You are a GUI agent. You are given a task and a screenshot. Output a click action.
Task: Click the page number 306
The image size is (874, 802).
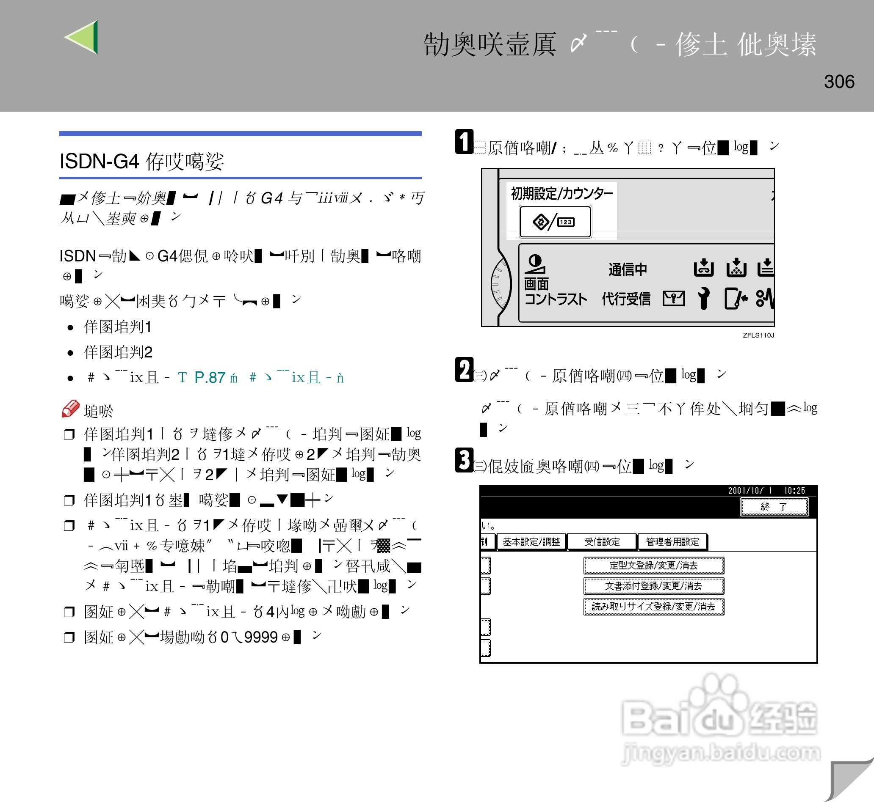839,82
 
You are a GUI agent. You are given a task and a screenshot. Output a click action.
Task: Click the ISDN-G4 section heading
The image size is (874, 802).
141,162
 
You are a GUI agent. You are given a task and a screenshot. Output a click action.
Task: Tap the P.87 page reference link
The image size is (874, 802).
210,378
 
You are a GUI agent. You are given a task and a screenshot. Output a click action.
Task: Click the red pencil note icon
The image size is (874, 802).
70,408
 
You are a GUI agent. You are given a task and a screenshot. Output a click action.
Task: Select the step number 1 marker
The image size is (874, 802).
464,141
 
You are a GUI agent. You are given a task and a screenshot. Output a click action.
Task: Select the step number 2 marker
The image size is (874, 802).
464,370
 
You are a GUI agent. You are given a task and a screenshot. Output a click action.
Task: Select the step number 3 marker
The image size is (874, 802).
464,460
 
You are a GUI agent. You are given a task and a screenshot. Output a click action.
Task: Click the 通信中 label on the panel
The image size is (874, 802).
627,269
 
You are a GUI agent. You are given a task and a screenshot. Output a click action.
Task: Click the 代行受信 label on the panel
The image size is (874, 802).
625,299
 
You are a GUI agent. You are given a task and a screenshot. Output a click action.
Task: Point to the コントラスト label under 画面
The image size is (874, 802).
556,299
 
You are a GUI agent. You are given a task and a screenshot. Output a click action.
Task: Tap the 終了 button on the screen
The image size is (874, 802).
774,506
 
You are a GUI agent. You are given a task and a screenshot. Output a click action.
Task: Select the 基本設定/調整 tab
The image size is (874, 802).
531,541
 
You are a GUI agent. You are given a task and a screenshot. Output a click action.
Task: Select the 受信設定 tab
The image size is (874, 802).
602,541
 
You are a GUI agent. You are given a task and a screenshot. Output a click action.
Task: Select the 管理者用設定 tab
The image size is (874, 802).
672,541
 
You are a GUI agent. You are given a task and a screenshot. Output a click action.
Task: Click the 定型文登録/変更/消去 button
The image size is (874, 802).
653,566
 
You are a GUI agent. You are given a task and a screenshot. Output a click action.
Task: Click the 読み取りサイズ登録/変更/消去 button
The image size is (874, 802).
653,607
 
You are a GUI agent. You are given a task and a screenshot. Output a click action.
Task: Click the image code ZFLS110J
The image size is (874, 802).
758,335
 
